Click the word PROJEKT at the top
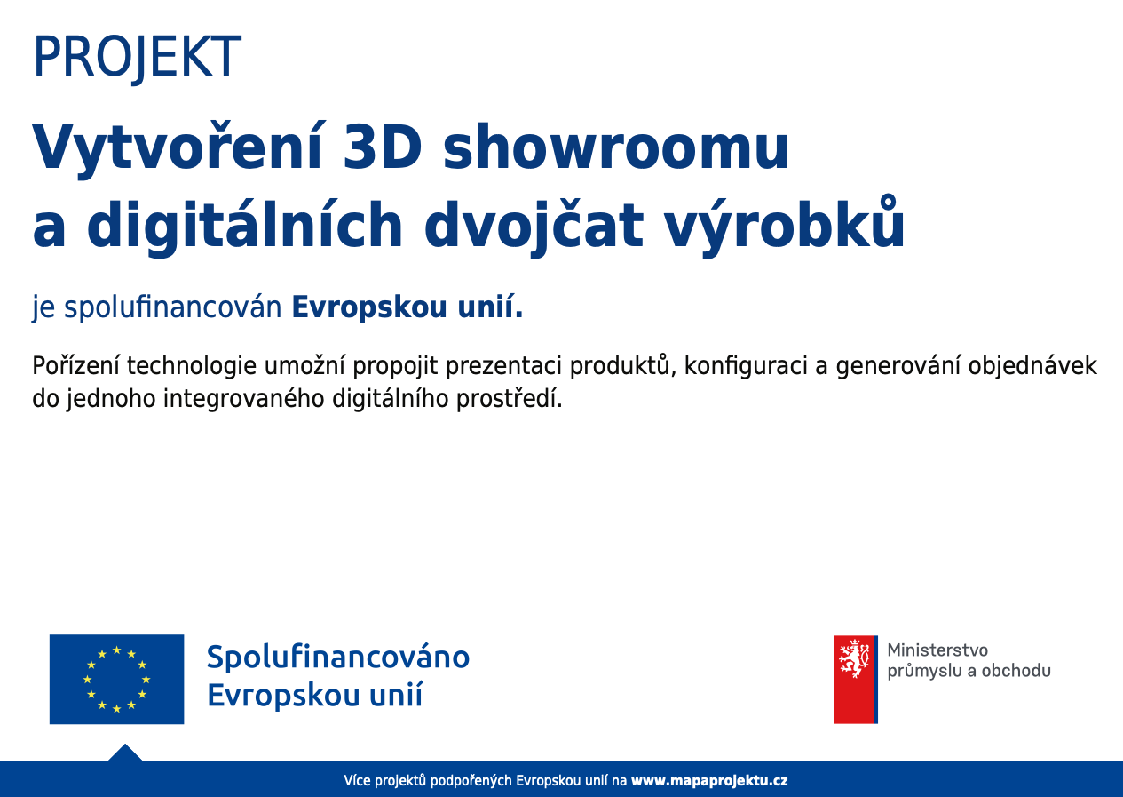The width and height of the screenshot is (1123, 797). click(x=137, y=57)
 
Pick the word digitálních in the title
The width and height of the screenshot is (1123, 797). click(x=245, y=227)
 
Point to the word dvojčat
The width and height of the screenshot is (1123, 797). click(x=534, y=227)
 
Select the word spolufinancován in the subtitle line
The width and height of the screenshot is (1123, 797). click(x=173, y=307)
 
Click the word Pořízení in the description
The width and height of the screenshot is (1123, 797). click(x=75, y=366)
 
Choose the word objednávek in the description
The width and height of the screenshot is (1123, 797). click(x=1032, y=366)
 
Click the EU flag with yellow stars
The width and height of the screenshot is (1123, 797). click(x=117, y=679)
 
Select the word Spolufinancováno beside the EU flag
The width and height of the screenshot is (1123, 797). click(x=338, y=658)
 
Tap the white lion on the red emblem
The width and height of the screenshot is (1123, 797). click(x=854, y=658)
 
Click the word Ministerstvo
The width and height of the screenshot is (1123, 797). click(x=937, y=650)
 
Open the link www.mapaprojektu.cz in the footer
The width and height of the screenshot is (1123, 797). click(x=709, y=780)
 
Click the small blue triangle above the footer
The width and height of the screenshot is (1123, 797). click(x=125, y=753)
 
